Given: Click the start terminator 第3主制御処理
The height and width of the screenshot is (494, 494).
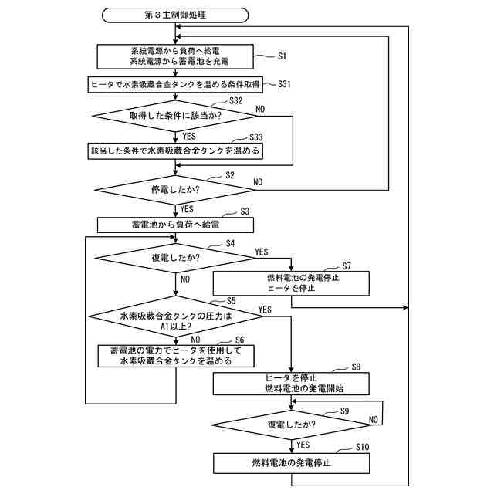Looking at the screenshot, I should pos(175,15).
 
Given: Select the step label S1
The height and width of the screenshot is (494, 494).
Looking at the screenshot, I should pos(283,56).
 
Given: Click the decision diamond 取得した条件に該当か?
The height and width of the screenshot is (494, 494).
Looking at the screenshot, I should pos(175,117).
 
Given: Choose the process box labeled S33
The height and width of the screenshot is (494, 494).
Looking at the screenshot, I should pos(175,150).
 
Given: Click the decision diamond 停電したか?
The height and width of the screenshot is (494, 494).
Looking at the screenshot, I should pos(175,187).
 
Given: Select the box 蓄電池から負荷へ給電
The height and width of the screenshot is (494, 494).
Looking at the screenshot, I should pos(175,224).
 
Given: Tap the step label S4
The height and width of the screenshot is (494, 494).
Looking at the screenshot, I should pos(230,244).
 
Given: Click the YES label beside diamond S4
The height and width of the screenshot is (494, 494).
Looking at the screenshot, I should pos(261,252).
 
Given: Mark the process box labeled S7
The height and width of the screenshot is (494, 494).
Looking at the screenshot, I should pos(292,283).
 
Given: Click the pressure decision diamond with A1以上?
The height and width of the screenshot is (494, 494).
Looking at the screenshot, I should pos(175,321).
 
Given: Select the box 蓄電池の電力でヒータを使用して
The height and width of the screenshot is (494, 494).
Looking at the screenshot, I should pos(175,355).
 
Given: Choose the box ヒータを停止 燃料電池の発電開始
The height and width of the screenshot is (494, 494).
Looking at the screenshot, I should pos(292,383).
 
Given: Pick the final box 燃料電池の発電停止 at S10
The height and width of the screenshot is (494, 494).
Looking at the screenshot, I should pos(292,462).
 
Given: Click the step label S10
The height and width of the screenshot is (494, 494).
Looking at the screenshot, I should pos(364,448).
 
